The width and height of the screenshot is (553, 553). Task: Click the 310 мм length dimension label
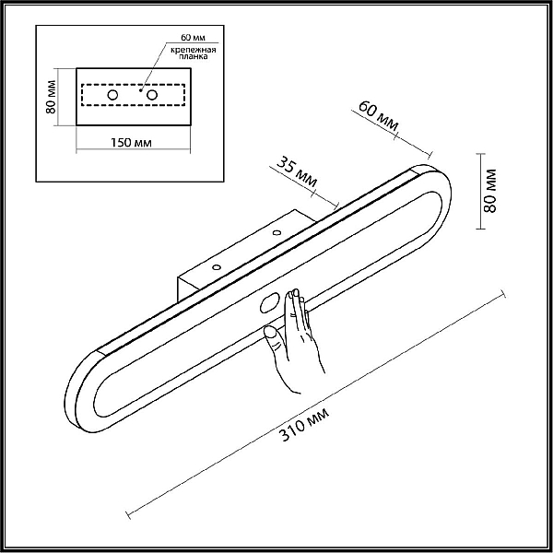(x=304, y=424)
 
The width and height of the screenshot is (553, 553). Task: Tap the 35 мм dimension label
(x=297, y=171)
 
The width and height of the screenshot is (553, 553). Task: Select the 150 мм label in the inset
(x=131, y=143)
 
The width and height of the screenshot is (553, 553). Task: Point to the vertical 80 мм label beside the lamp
(x=489, y=191)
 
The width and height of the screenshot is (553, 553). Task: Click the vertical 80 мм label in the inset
(x=51, y=97)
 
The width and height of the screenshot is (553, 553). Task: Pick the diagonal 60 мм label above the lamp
(x=379, y=116)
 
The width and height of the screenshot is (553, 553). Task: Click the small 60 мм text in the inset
(x=193, y=37)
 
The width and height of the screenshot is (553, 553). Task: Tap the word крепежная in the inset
(x=193, y=50)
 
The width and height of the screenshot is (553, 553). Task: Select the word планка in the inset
(x=194, y=56)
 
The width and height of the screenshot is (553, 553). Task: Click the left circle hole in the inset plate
(x=112, y=95)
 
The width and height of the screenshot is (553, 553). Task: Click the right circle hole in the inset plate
(x=152, y=95)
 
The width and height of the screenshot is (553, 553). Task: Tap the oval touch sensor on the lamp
(x=270, y=303)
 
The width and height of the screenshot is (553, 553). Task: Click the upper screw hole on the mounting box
(x=276, y=233)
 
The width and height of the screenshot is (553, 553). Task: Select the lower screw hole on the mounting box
(x=217, y=267)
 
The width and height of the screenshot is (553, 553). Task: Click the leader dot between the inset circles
(x=140, y=90)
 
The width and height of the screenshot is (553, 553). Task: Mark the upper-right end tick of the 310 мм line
(x=503, y=294)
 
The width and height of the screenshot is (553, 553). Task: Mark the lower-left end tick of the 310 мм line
(x=128, y=514)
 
